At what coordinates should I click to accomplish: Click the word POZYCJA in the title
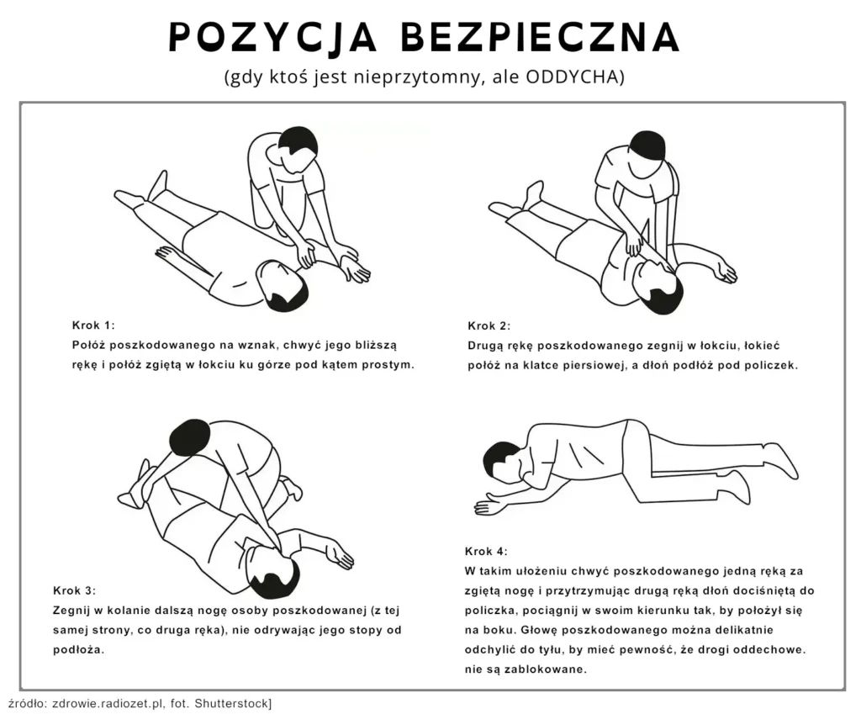272,37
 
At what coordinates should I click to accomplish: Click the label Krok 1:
93,325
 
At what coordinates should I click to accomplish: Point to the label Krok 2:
489,325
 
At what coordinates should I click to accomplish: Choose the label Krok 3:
74,591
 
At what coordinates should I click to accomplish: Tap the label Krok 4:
486,552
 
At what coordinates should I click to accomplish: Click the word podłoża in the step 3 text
78,650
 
